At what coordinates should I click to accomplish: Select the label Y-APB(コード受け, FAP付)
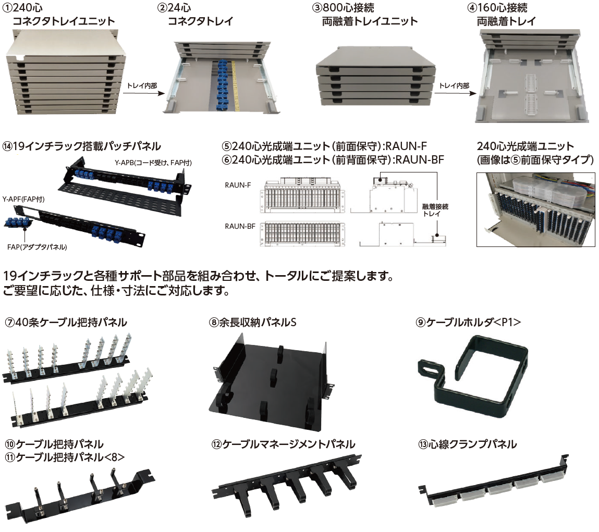click(x=153, y=163)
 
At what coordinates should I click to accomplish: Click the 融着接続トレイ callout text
click(x=435, y=210)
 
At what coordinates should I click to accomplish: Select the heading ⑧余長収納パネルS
click(x=252, y=323)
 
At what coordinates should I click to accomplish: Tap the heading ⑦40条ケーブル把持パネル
click(x=66, y=323)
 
